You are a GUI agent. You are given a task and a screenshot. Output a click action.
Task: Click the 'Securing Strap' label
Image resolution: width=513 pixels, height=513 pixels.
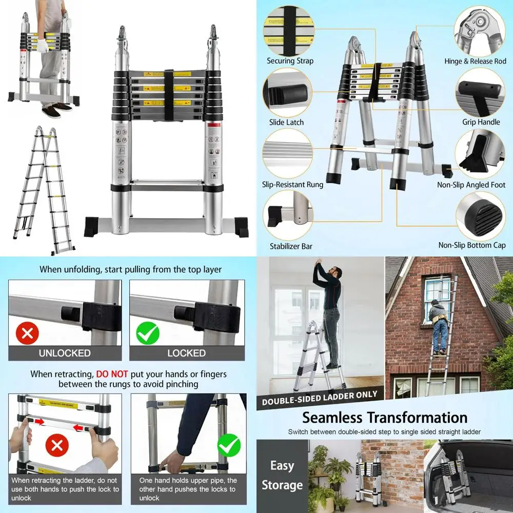coord(290,61)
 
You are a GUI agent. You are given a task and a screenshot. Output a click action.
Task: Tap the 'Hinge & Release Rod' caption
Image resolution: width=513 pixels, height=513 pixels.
coord(475,62)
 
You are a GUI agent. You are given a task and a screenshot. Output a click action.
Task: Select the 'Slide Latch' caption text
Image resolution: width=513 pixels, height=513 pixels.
coord(286,123)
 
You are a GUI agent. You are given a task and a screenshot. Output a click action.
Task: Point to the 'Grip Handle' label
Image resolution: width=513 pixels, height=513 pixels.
coord(481,122)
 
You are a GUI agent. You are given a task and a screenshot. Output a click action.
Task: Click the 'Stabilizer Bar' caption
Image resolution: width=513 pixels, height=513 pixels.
coord(291,246)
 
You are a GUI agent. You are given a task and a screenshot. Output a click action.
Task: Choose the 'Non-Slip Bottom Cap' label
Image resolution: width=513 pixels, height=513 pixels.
coord(472,245)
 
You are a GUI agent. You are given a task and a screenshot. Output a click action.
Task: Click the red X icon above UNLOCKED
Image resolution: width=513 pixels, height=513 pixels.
coord(27,334)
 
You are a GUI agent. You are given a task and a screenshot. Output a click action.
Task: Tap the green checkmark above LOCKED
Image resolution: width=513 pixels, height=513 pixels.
coord(148,334)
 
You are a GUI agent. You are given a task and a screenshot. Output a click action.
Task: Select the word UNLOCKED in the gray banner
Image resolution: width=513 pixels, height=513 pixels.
coord(65,353)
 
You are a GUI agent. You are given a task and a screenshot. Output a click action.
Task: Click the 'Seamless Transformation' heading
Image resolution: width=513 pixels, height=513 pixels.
coord(384,418)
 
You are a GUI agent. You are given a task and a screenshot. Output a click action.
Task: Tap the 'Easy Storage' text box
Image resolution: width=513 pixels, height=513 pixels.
coord(282,475)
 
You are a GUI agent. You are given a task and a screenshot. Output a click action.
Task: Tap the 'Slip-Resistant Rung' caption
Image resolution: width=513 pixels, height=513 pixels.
coord(293,185)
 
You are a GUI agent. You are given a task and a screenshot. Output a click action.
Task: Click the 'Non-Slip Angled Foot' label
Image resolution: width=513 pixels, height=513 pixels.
coord(471,185)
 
